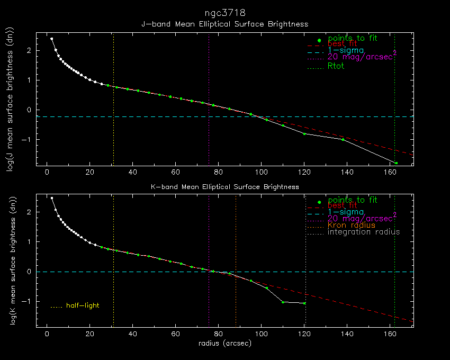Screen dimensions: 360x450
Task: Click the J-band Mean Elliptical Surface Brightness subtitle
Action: pyautogui.click(x=224, y=24)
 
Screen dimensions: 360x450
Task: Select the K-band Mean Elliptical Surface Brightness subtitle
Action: pyautogui.click(x=224, y=187)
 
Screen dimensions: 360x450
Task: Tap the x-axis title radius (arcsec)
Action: pyautogui.click(x=224, y=343)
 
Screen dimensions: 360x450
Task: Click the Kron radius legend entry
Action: pyautogui.click(x=352, y=225)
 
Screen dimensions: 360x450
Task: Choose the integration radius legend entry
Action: pyautogui.click(x=364, y=232)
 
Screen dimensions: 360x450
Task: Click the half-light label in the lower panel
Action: pyautogui.click(x=83, y=305)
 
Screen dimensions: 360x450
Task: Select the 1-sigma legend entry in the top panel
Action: pyautogui.click(x=346, y=50)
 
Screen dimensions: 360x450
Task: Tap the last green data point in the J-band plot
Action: pyautogui.click(x=396, y=163)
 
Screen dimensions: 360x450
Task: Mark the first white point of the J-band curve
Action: pyautogui.click(x=51, y=39)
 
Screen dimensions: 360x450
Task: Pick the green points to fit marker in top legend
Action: pyautogui.click(x=319, y=40)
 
